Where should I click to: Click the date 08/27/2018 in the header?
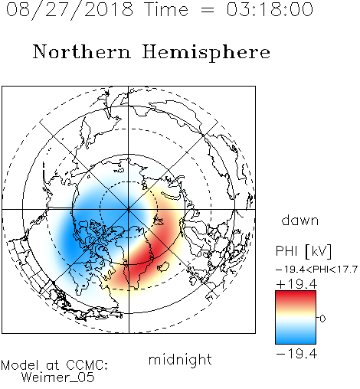[x=70, y=10]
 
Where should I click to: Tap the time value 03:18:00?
[x=270, y=9]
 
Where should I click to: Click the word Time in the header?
[x=166, y=9]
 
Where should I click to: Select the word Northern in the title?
[x=82, y=51]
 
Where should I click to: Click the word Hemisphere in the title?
[x=206, y=53]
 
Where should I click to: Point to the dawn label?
[x=300, y=220]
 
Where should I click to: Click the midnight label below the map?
[x=180, y=360]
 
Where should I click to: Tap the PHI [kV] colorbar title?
[x=304, y=251]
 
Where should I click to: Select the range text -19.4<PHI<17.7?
[x=316, y=270]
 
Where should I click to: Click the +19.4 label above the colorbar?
[x=296, y=284]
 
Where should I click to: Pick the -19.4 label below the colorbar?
[x=296, y=354]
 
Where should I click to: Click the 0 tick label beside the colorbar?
[x=322, y=319]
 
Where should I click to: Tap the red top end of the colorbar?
[x=296, y=293]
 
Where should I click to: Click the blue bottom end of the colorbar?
[x=296, y=341]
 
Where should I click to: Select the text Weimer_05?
[x=58, y=378]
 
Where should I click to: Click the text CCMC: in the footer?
[x=87, y=365]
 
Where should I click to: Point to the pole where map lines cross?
[x=129, y=210]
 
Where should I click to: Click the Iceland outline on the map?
[x=163, y=266]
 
